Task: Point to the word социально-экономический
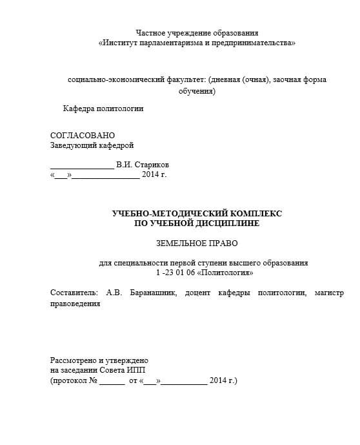coord(111,80)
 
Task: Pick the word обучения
coord(195,91)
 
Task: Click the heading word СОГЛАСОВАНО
coord(82,136)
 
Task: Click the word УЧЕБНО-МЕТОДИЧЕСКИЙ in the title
coord(169,213)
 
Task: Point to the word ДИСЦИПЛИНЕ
coord(228,223)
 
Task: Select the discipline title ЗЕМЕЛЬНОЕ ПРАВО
coord(197,243)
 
